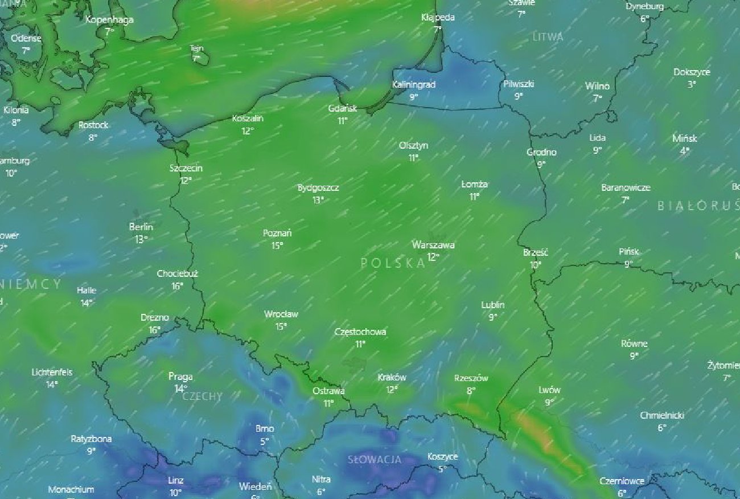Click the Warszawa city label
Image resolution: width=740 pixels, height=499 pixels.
pyautogui.click(x=433, y=245)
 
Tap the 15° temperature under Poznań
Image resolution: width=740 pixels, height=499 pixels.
pyautogui.click(x=277, y=246)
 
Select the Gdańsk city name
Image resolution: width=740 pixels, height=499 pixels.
pyautogui.click(x=342, y=108)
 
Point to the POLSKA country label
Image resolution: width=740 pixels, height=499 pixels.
pyautogui.click(x=393, y=263)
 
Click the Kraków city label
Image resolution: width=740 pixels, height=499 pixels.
pyautogui.click(x=392, y=378)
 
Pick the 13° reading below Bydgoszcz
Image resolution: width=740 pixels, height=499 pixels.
pyautogui.click(x=318, y=200)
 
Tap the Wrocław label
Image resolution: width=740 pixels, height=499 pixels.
pyautogui.click(x=281, y=314)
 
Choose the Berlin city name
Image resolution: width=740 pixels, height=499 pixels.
pyautogui.click(x=141, y=227)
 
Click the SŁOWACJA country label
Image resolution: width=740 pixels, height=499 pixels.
pyautogui.click(x=375, y=460)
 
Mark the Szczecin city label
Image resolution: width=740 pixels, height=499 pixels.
pyautogui.click(x=186, y=169)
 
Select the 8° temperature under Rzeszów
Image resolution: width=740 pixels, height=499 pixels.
pyautogui.click(x=471, y=391)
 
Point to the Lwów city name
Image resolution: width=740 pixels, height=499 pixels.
pyautogui.click(x=549, y=390)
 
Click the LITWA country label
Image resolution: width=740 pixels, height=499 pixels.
pyautogui.click(x=548, y=37)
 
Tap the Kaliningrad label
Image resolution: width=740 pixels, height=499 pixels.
pyautogui.click(x=414, y=85)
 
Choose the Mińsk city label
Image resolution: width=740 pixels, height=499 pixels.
pyautogui.click(x=684, y=138)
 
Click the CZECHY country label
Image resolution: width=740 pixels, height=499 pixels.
pyautogui.click(x=203, y=396)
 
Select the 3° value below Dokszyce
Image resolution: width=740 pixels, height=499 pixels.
pyautogui.click(x=692, y=84)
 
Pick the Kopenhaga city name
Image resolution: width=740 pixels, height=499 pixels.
pyautogui.click(x=109, y=20)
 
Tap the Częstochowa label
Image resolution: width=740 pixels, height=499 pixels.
pyautogui.click(x=360, y=332)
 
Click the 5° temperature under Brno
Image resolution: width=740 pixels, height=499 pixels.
pyautogui.click(x=264, y=441)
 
